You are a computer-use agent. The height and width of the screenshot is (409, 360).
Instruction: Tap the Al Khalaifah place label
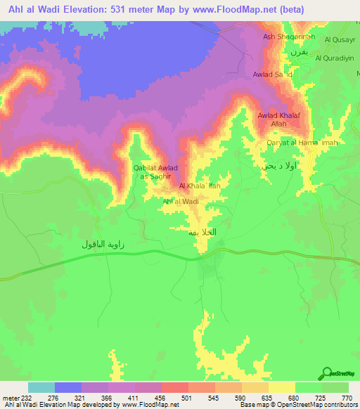(x=200, y=186)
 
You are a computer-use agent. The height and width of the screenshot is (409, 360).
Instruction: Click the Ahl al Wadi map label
(x=181, y=202)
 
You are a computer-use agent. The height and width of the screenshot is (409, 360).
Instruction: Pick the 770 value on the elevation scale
(x=346, y=398)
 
